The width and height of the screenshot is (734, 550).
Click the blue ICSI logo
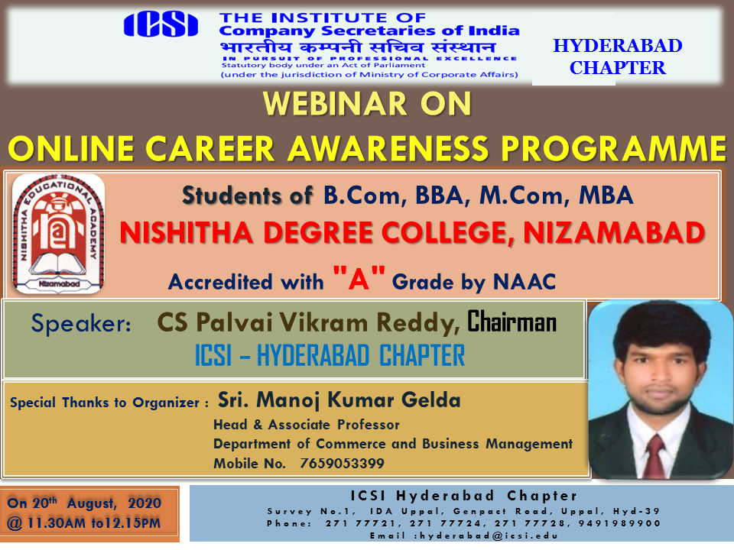(x=161, y=24)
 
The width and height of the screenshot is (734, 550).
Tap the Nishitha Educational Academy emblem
(x=59, y=234)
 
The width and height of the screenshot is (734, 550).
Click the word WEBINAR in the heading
(x=335, y=103)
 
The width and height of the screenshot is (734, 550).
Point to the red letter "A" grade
(x=359, y=278)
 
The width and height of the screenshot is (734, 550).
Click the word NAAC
(x=525, y=282)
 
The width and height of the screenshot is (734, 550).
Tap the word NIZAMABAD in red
(x=614, y=232)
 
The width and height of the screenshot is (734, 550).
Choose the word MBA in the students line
(x=606, y=195)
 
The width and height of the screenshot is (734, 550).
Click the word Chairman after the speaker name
(x=512, y=322)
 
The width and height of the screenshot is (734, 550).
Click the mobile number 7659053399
(x=342, y=464)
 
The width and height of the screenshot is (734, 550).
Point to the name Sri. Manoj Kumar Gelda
(x=339, y=400)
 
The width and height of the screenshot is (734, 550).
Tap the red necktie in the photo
(x=655, y=455)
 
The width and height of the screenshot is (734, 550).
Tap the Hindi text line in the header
(x=358, y=47)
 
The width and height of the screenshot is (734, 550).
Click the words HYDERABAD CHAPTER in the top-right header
(x=618, y=57)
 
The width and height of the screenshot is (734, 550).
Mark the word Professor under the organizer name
(x=369, y=425)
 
